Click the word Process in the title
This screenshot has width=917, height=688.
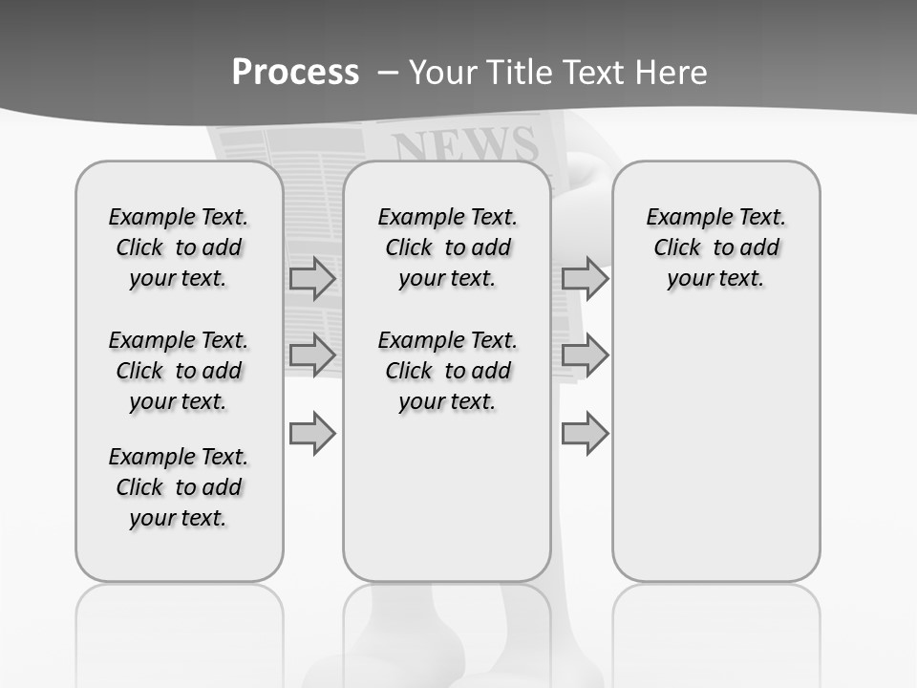point(295,72)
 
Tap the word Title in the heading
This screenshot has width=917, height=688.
point(519,72)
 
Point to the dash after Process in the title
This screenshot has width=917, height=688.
point(388,73)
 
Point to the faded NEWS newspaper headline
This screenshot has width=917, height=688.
point(465,145)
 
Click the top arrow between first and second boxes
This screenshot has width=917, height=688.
point(312,278)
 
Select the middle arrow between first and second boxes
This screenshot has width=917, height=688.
point(312,355)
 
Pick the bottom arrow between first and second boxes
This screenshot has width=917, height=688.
point(312,433)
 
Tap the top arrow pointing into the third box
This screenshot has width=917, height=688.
point(585,278)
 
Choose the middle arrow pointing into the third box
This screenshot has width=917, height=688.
point(585,355)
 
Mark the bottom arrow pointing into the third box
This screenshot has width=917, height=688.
point(585,433)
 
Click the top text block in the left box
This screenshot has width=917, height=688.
point(179,247)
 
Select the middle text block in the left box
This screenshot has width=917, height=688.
point(179,371)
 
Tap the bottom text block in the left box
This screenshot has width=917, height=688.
point(179,487)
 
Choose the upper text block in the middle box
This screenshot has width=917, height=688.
point(448,247)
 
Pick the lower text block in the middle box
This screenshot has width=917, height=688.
point(448,371)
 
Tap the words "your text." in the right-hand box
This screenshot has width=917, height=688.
point(715,278)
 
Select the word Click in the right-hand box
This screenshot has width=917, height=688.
point(677,247)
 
